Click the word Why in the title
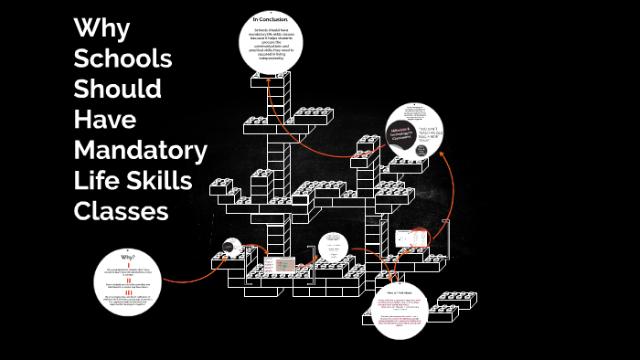(x=101, y=28)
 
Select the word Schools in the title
(x=123, y=58)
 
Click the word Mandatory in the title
(x=140, y=149)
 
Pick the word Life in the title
(x=94, y=180)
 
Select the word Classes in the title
(x=122, y=210)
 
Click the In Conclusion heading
(x=271, y=18)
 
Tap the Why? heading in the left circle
(x=128, y=258)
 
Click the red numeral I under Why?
(x=128, y=266)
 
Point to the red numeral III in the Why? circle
(x=128, y=292)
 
